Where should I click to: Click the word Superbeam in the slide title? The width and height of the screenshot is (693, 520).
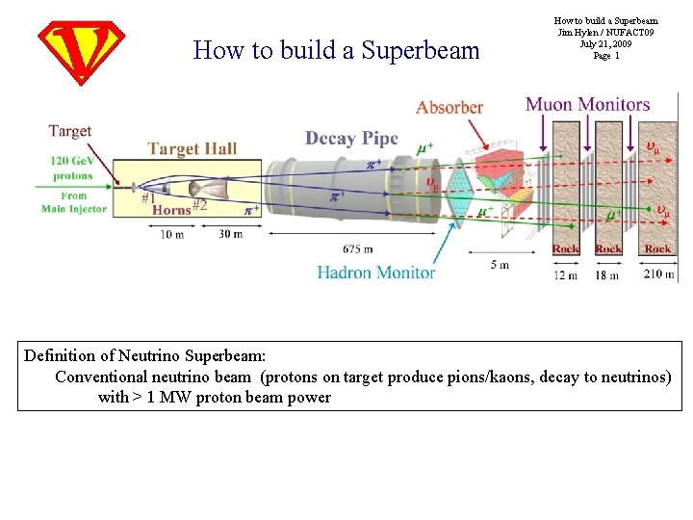pos(420,50)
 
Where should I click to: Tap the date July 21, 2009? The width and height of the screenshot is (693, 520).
pos(606,44)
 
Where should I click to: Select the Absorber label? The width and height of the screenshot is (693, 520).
pos(449,107)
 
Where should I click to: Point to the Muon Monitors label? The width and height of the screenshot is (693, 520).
pos(587,104)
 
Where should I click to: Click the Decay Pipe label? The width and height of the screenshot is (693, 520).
pos(351,139)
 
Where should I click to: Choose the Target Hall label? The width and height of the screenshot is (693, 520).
pos(192,148)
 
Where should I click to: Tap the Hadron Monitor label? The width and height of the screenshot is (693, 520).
pos(376,273)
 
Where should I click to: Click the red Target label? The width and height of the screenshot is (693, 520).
pos(70,131)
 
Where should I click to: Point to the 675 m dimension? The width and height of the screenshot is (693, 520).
pos(357,249)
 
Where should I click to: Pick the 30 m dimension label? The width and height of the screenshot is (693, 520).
pos(230,234)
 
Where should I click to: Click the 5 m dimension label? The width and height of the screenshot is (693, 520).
pos(499,265)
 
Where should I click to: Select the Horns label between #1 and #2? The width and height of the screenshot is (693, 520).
pos(172,209)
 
